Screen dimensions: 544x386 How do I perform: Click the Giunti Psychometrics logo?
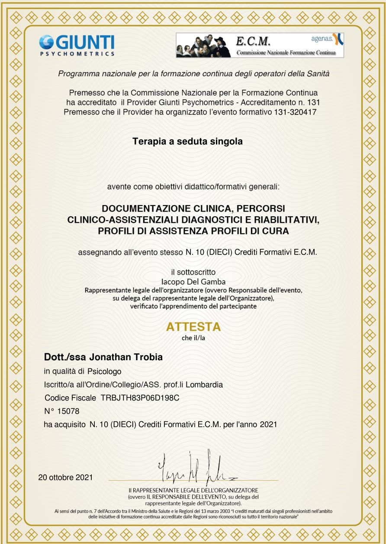(x=77, y=45)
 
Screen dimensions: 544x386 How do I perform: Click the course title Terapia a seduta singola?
(x=193, y=141)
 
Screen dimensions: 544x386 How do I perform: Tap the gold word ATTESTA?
(x=193, y=327)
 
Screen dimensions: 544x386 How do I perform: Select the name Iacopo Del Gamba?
(x=193, y=281)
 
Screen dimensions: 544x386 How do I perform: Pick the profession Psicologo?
(x=105, y=371)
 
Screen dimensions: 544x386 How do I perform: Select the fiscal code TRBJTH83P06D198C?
(x=139, y=397)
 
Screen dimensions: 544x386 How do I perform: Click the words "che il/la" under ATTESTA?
(x=193, y=338)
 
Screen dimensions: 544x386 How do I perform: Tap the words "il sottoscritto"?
(x=193, y=272)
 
